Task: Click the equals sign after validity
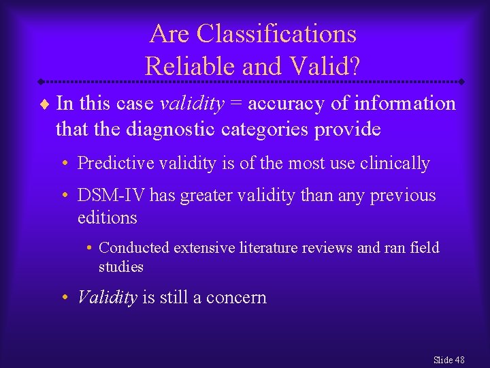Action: [x=236, y=104]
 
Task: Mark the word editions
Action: [x=108, y=218]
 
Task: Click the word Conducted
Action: [x=134, y=248]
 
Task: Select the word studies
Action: [x=121, y=266]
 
